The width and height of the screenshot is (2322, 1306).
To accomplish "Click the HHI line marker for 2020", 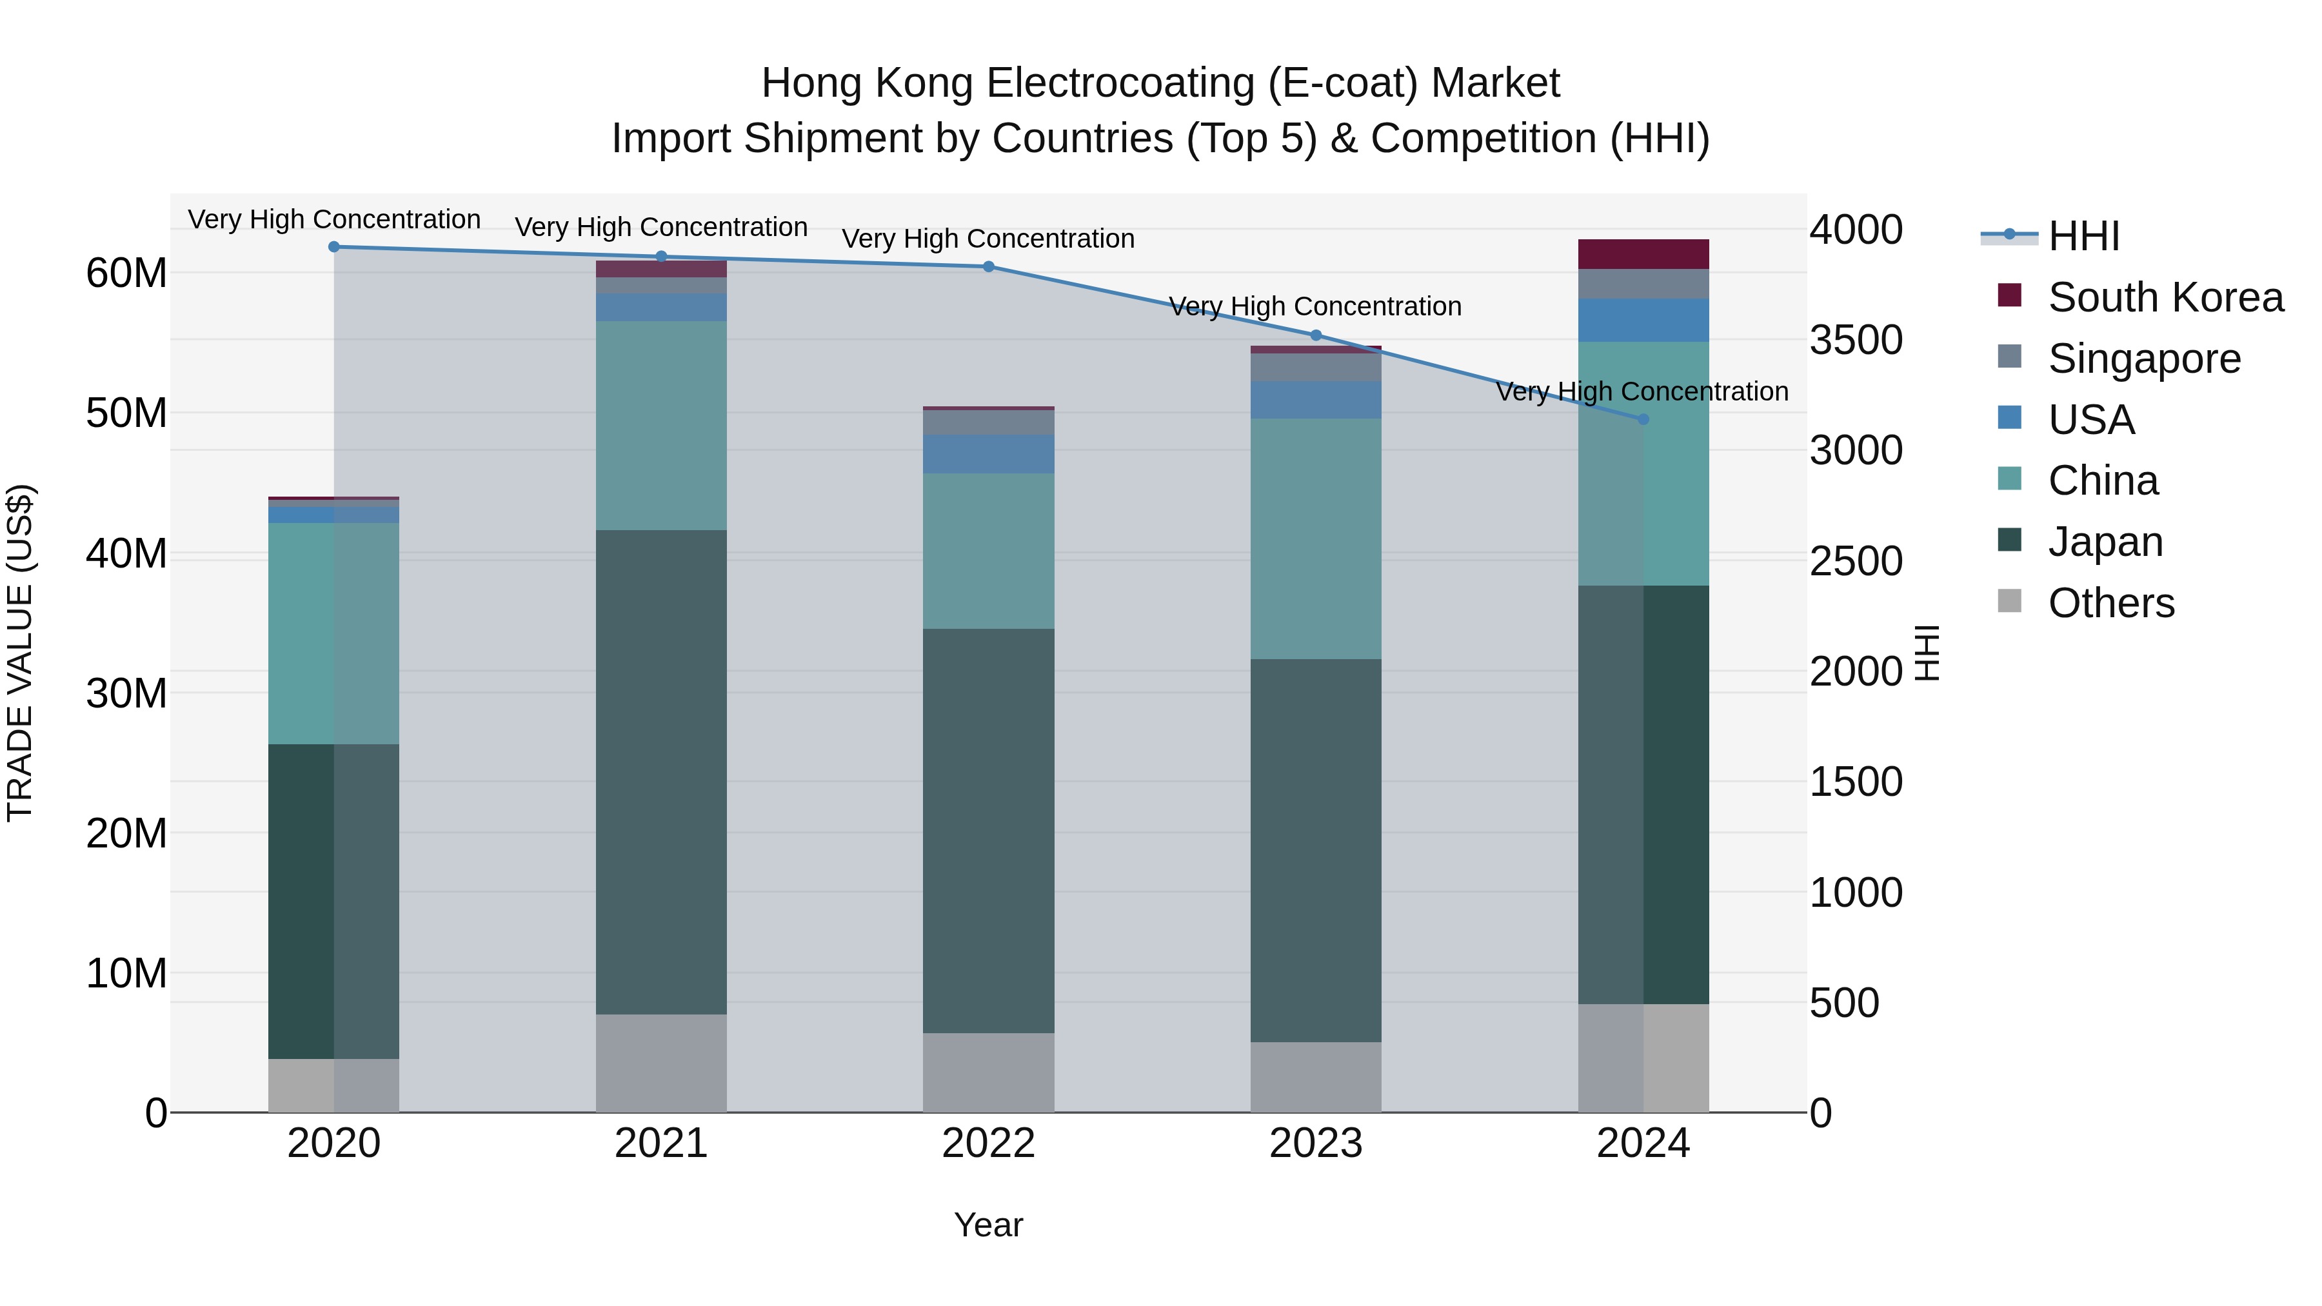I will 333,247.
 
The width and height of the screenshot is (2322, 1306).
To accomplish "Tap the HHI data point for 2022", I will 988,267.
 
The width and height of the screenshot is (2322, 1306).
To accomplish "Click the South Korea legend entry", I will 2165,297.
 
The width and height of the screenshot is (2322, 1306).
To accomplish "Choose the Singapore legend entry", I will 2143,359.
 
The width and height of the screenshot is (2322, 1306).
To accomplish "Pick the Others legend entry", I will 2110,603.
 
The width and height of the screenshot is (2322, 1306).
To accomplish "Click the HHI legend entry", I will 2083,236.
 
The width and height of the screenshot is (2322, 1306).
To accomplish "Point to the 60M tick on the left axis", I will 126,273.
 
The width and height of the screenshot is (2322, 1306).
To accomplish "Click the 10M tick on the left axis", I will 126,973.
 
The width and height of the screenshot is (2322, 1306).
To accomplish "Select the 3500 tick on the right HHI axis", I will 1856,341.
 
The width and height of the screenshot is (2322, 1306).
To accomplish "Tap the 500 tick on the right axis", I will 1844,1003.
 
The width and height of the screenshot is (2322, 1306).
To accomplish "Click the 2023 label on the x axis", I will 1315,1143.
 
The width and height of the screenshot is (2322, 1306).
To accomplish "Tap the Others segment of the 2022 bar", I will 988,1073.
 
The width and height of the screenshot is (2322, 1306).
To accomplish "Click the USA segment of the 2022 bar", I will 988,454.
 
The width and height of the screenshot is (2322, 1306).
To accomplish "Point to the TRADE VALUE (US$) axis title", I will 20,653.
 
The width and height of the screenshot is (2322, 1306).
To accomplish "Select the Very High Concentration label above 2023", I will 1315,306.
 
